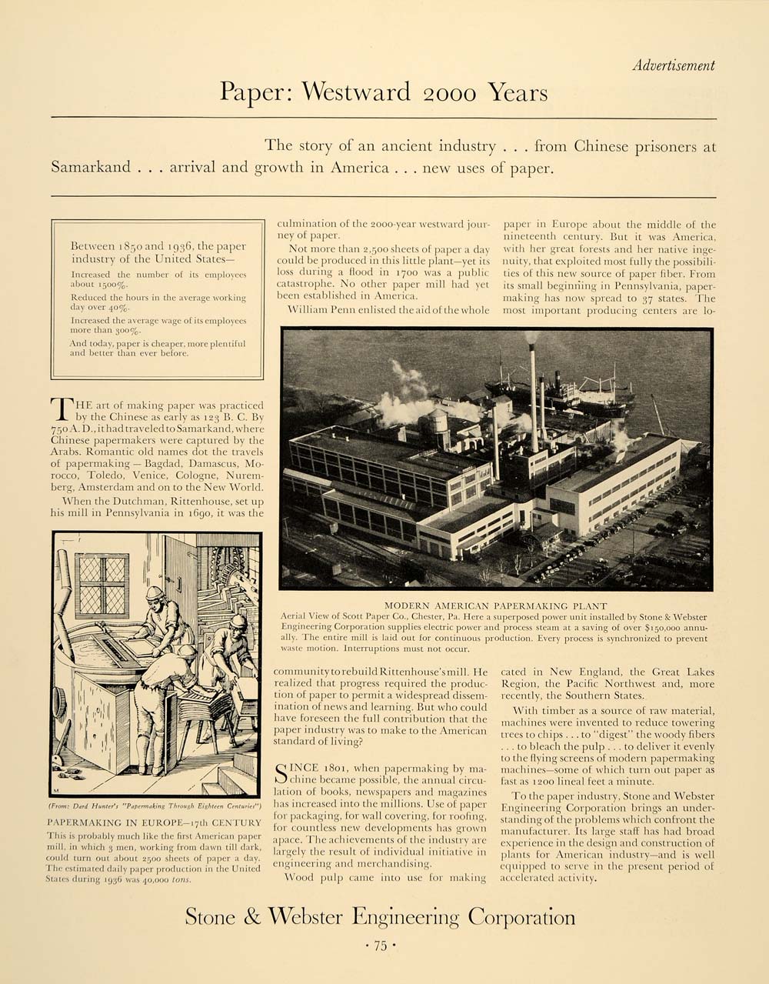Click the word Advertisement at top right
pyautogui.click(x=674, y=66)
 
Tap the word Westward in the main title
pyautogui.click(x=357, y=92)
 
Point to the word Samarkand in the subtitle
pyautogui.click(x=91, y=168)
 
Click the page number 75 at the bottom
pyautogui.click(x=380, y=946)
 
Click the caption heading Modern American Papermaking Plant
pyautogui.click(x=496, y=605)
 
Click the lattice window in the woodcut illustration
pyautogui.click(x=102, y=585)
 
